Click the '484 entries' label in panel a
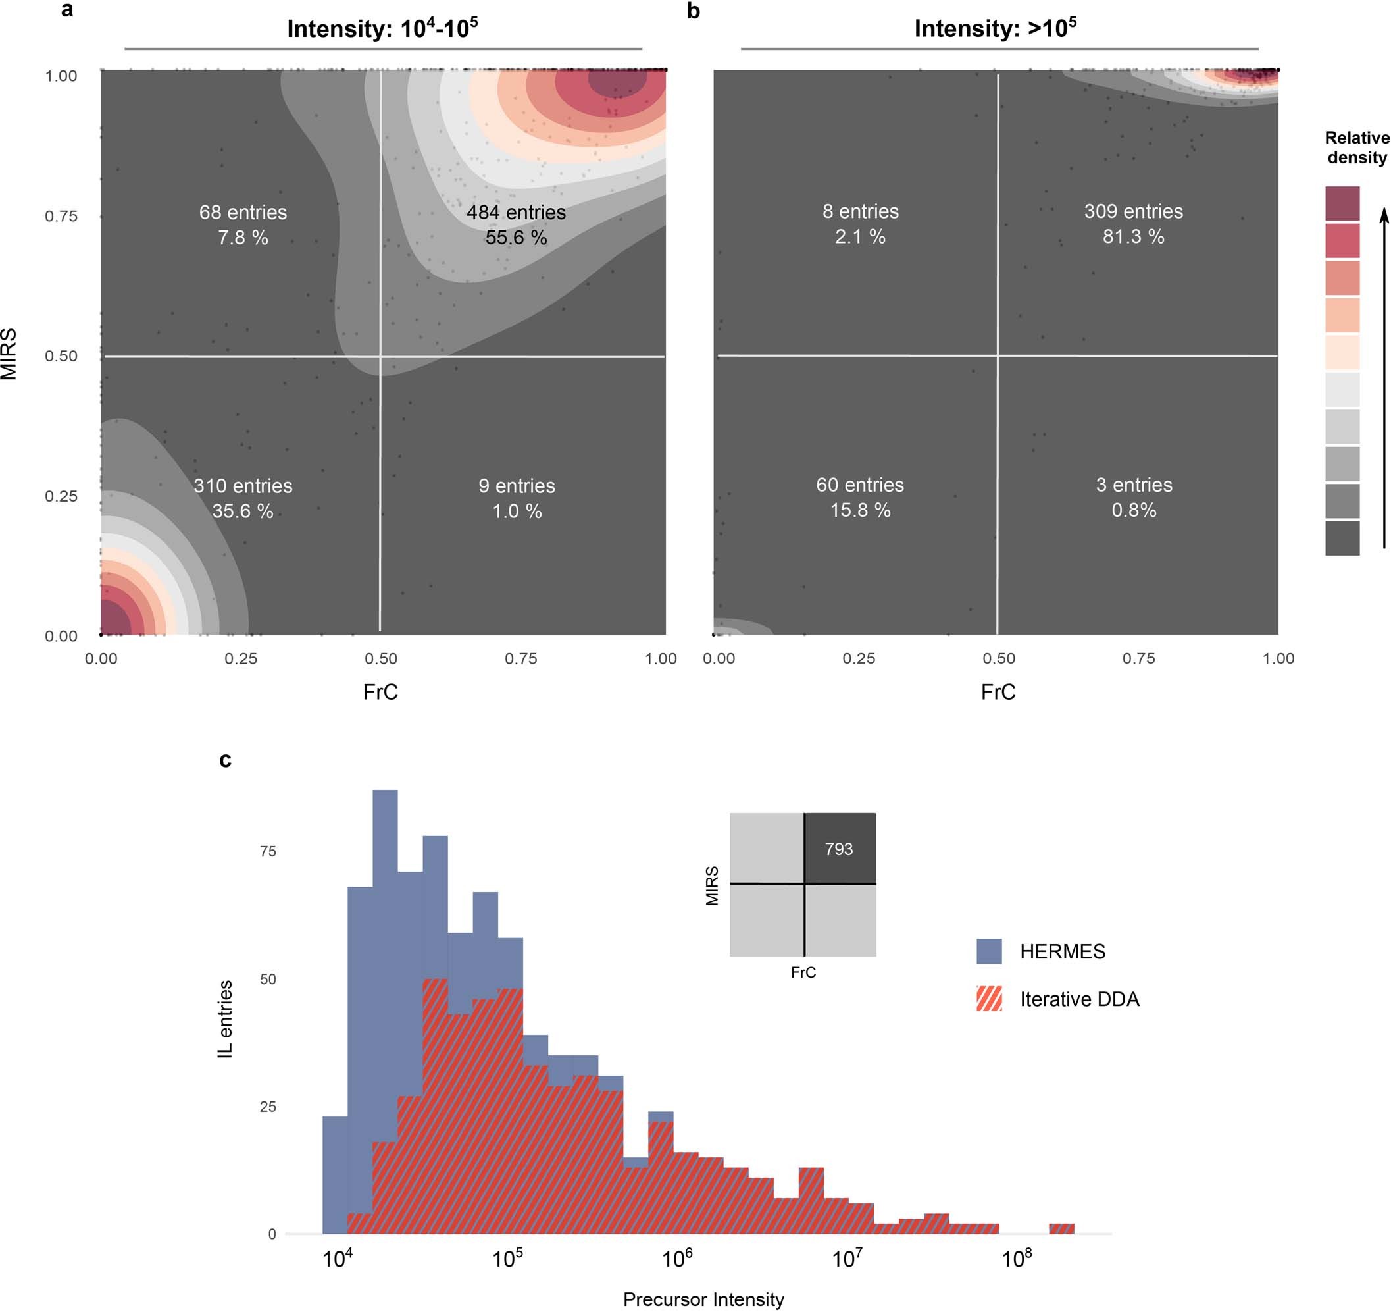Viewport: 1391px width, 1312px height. (x=516, y=212)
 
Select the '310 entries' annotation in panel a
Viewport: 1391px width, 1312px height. (x=243, y=486)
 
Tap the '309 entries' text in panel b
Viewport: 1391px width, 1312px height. (x=1133, y=211)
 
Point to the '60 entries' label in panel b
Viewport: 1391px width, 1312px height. (x=859, y=485)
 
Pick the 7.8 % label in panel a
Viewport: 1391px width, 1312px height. (x=243, y=238)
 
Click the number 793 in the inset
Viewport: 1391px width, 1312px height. (x=838, y=849)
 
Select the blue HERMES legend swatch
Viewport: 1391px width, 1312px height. (x=989, y=951)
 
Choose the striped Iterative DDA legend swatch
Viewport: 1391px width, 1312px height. (x=989, y=999)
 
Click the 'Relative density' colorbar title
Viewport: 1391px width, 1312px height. (x=1356, y=147)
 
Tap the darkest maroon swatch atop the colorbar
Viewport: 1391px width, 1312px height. (x=1342, y=203)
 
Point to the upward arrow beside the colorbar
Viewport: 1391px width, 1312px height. (x=1383, y=378)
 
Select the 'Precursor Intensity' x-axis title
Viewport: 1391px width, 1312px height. (x=703, y=1299)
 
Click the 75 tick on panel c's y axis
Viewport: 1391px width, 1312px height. (x=268, y=851)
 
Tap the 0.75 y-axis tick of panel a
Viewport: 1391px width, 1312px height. (x=61, y=216)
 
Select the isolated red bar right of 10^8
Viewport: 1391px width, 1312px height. (x=1061, y=1228)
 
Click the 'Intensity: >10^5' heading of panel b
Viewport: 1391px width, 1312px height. (x=994, y=28)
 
